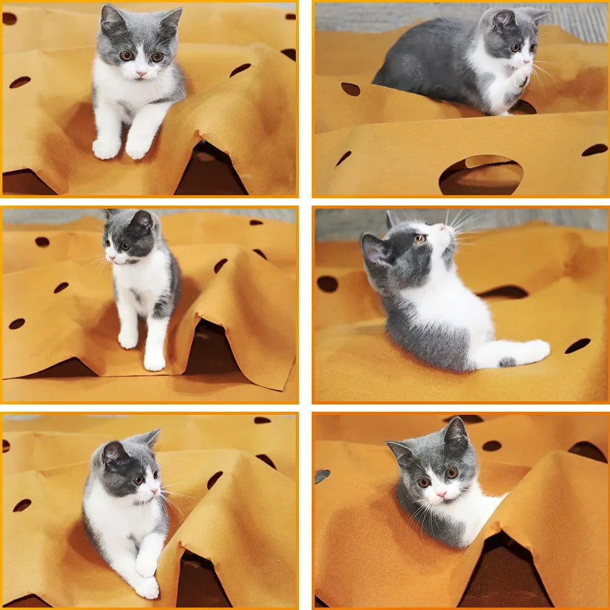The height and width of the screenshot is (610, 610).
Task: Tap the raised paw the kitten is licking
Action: coord(520,77)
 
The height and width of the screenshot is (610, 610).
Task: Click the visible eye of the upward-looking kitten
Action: coord(420,239)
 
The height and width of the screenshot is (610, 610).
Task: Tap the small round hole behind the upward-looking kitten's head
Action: coord(328,284)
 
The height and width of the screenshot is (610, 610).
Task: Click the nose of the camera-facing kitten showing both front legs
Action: coord(142,73)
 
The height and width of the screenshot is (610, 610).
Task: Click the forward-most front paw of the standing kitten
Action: coord(154,362)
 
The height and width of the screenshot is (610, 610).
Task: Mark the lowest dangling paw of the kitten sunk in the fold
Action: coord(147,587)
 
